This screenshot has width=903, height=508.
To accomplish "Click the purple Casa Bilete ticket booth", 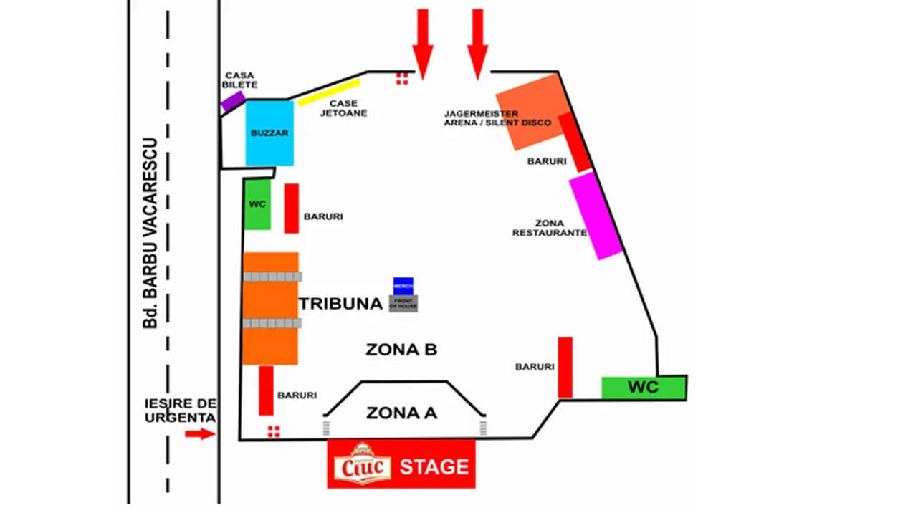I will pos(233,101).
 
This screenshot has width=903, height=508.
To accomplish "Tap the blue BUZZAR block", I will pos(269,133).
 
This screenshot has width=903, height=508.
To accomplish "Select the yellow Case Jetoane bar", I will pos(329,92).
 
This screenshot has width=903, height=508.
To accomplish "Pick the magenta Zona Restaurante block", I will pos(596,216).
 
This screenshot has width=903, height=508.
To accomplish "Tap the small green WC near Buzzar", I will pos(257,204).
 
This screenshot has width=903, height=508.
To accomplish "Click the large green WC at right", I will pos(644,388).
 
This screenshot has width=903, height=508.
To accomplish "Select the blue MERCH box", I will pos(403,285).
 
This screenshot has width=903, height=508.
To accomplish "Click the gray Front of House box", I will pos(403,303).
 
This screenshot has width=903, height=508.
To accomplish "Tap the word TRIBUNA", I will pos(340,304).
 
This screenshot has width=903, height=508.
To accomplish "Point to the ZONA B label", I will pos(401,350).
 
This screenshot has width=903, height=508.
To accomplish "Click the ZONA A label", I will pos(401,413).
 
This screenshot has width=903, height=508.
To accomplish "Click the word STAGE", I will pos(434,467).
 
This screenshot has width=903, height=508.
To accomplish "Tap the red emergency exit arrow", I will pos(200,433).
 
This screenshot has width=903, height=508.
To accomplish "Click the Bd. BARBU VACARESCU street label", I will pos(150,233).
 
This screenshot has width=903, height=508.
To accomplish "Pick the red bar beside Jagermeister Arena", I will pos(575,142).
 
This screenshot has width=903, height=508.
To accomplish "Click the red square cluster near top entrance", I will pos(402,78).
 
